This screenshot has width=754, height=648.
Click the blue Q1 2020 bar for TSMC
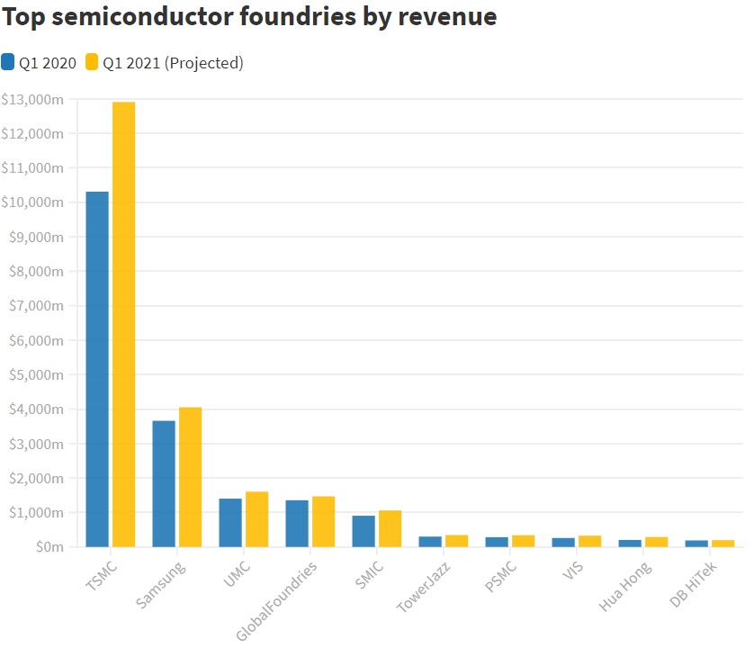(97, 369)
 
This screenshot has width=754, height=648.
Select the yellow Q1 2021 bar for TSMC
(123, 324)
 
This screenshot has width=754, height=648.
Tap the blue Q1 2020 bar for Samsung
(164, 483)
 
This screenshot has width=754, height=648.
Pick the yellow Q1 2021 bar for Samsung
(190, 477)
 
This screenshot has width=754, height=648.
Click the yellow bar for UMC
(256, 519)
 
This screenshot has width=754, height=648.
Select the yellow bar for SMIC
(390, 528)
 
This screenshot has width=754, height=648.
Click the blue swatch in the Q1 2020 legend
(8, 62)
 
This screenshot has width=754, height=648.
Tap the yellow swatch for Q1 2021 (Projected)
(92, 62)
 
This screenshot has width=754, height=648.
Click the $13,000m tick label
(32, 99)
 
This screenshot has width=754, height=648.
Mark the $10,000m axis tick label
(32, 202)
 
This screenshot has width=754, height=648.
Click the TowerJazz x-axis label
(424, 586)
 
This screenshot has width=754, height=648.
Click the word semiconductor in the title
(149, 17)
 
